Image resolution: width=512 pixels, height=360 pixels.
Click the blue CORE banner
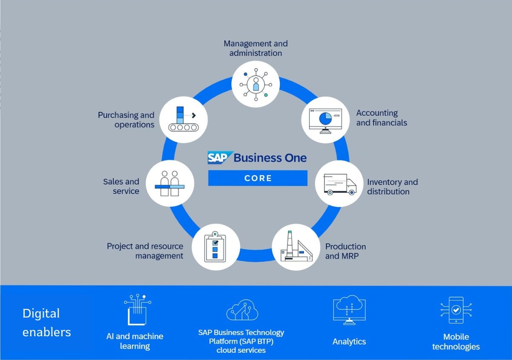[258, 178]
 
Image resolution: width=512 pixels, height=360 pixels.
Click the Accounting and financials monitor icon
[325, 120]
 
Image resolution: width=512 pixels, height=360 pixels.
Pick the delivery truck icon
[339, 184]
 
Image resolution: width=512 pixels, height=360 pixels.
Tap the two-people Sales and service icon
[170, 184]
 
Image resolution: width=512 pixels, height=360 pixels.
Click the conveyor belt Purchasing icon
[184, 119]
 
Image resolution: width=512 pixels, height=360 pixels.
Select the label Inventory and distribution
[392, 187]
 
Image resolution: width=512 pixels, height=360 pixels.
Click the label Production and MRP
[345, 251]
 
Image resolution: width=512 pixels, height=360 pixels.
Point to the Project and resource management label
[145, 251]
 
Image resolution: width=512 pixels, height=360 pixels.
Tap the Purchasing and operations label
[126, 120]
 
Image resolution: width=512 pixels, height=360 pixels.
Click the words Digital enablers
[46, 323]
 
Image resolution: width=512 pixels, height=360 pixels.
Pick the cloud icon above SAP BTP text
[242, 310]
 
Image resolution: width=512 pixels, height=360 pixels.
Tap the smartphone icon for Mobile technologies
[456, 310]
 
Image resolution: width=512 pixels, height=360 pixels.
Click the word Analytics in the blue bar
[349, 342]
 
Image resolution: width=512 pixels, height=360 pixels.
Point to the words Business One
[270, 158]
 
